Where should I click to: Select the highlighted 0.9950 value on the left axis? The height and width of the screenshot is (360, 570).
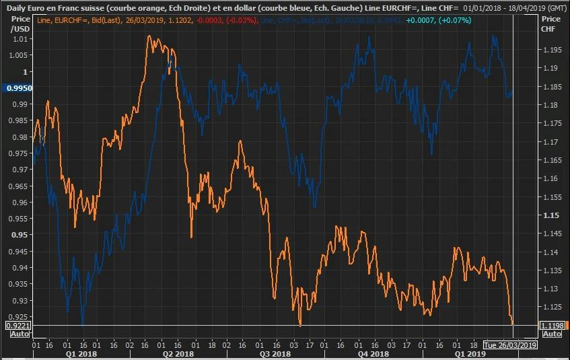pos(18,88)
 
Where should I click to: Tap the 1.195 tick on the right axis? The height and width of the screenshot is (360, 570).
pos(551,50)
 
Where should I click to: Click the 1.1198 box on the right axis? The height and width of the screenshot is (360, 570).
pos(551,326)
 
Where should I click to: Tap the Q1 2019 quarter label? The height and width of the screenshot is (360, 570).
pos(470,353)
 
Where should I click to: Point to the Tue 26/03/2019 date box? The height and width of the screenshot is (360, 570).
pos(511,345)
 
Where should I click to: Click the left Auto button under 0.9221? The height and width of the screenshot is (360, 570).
pos(15,334)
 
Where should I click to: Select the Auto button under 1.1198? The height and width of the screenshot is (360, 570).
pos(551,334)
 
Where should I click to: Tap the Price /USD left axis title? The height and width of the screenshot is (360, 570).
pos(20,24)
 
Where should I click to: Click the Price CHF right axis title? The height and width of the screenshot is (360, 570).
pos(550,24)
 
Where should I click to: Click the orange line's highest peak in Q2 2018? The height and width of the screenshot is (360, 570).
pos(149,36)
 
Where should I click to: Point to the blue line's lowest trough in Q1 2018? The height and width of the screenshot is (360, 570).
pos(83,322)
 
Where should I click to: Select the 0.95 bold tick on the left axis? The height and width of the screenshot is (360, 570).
pos(20,235)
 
